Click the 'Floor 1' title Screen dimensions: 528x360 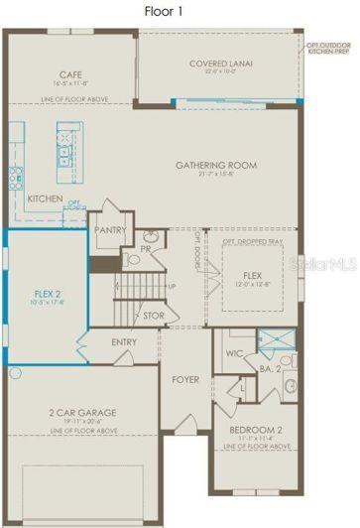(x=180, y=11)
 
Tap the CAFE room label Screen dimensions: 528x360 (x=69, y=74)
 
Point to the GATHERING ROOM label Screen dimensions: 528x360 (x=216, y=165)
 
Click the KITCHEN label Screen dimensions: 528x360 (x=46, y=198)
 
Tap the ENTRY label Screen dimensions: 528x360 (x=124, y=342)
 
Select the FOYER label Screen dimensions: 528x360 (x=185, y=378)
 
